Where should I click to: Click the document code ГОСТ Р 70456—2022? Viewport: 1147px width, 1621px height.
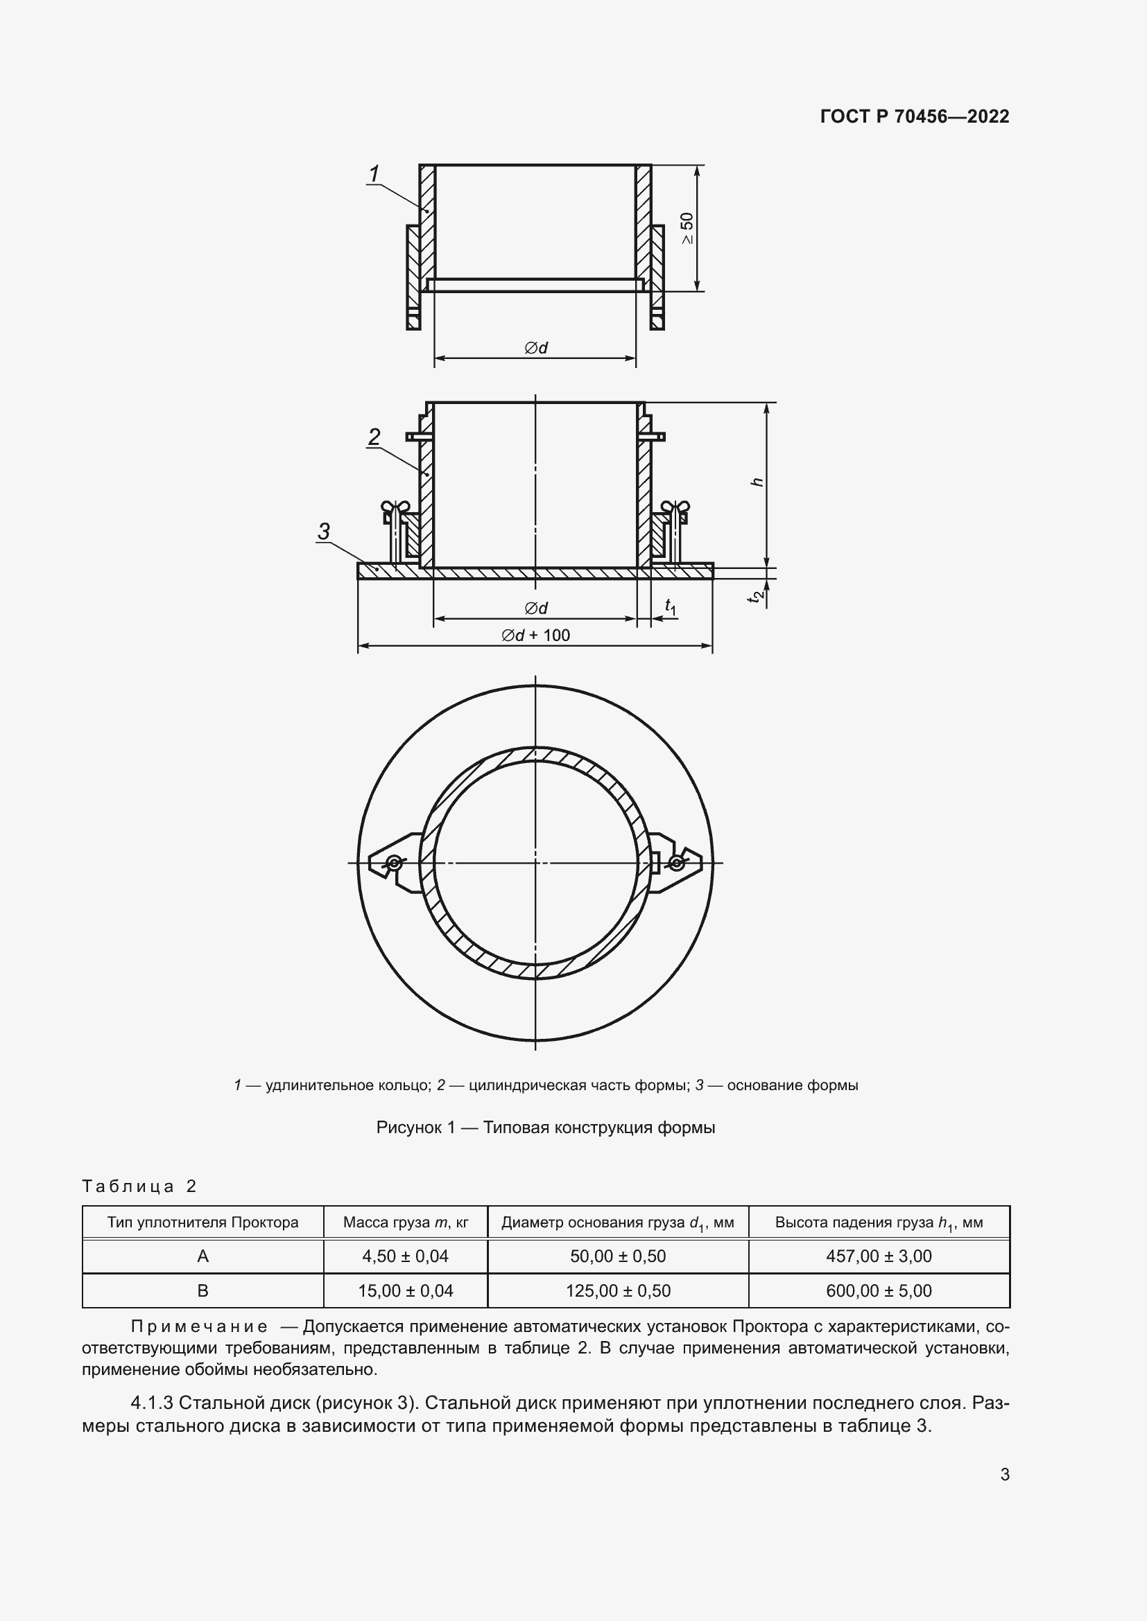pyautogui.click(x=914, y=116)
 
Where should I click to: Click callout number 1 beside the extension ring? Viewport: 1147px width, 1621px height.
pyautogui.click(x=374, y=173)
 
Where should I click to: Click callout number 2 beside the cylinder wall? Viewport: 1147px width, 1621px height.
pyautogui.click(x=374, y=437)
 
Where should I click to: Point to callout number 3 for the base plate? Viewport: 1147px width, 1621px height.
pyautogui.click(x=323, y=531)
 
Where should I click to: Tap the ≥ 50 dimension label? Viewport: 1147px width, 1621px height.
pyautogui.click(x=687, y=228)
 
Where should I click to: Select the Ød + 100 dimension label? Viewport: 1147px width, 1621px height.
pyautogui.click(x=535, y=635)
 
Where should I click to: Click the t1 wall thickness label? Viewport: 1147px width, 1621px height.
pyautogui.click(x=671, y=606)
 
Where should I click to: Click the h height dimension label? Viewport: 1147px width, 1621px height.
pyautogui.click(x=757, y=482)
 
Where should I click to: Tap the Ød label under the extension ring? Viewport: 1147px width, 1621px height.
pyautogui.click(x=535, y=347)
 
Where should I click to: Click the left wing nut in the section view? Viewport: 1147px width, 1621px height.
pyautogui.click(x=395, y=507)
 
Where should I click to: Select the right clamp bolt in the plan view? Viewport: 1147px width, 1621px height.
pyautogui.click(x=677, y=862)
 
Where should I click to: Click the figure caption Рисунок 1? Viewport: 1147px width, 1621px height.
pyautogui.click(x=545, y=1128)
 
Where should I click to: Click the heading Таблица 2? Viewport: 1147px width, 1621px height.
pyautogui.click(x=139, y=1186)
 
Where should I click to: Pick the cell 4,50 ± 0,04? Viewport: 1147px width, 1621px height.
pyautogui.click(x=405, y=1256)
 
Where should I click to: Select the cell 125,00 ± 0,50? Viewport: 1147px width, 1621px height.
pyautogui.click(x=617, y=1290)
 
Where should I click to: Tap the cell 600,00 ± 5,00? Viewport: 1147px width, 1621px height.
pyautogui.click(x=879, y=1290)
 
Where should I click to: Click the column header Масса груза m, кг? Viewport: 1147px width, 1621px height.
pyautogui.click(x=405, y=1222)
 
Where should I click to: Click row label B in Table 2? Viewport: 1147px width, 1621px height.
pyautogui.click(x=202, y=1290)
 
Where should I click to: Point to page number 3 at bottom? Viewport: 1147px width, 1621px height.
pyautogui.click(x=1004, y=1475)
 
